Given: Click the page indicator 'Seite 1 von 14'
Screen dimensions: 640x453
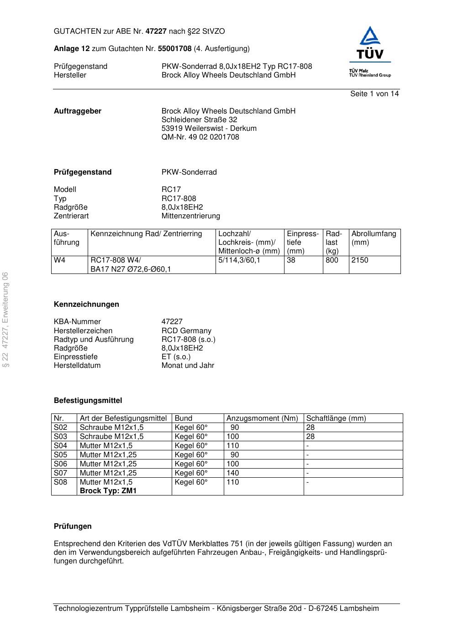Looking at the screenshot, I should click(374, 94).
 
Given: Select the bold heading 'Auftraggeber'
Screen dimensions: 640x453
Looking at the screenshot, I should click(78, 111).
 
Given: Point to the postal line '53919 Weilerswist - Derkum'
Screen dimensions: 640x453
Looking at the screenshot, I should click(209, 129).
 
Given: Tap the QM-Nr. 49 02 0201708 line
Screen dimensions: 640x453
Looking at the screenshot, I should click(200, 137).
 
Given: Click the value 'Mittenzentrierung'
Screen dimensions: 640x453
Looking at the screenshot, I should click(190, 216).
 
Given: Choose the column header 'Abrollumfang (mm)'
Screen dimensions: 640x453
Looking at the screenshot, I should click(374, 238).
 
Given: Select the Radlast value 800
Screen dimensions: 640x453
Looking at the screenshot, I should click(332, 260).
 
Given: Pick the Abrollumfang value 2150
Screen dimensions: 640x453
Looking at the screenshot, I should click(359, 260).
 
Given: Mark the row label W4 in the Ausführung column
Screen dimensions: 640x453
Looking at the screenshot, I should click(59, 260).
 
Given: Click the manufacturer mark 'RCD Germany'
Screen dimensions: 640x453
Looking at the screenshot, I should click(186, 331).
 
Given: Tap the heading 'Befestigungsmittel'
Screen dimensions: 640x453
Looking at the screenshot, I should click(88, 401).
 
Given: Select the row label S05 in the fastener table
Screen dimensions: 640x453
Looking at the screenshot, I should click(60, 455).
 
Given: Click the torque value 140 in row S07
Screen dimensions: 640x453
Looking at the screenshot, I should click(232, 473).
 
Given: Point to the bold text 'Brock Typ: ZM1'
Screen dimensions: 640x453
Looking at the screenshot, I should click(108, 491).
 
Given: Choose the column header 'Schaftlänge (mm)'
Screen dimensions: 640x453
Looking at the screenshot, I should click(336, 418).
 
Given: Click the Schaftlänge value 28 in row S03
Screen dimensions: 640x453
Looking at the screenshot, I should click(310, 437).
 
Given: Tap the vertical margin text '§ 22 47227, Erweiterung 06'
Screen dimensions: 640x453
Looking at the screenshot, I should click(5, 320).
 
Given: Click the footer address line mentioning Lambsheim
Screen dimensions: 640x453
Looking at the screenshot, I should click(216, 609).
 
